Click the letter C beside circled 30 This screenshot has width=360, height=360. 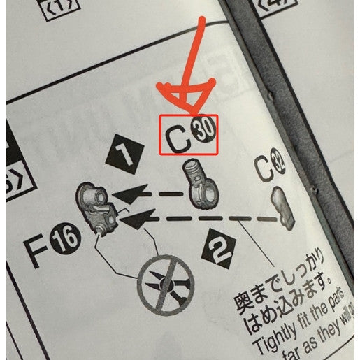(179, 137)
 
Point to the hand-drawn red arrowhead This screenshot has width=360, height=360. (183, 98)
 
